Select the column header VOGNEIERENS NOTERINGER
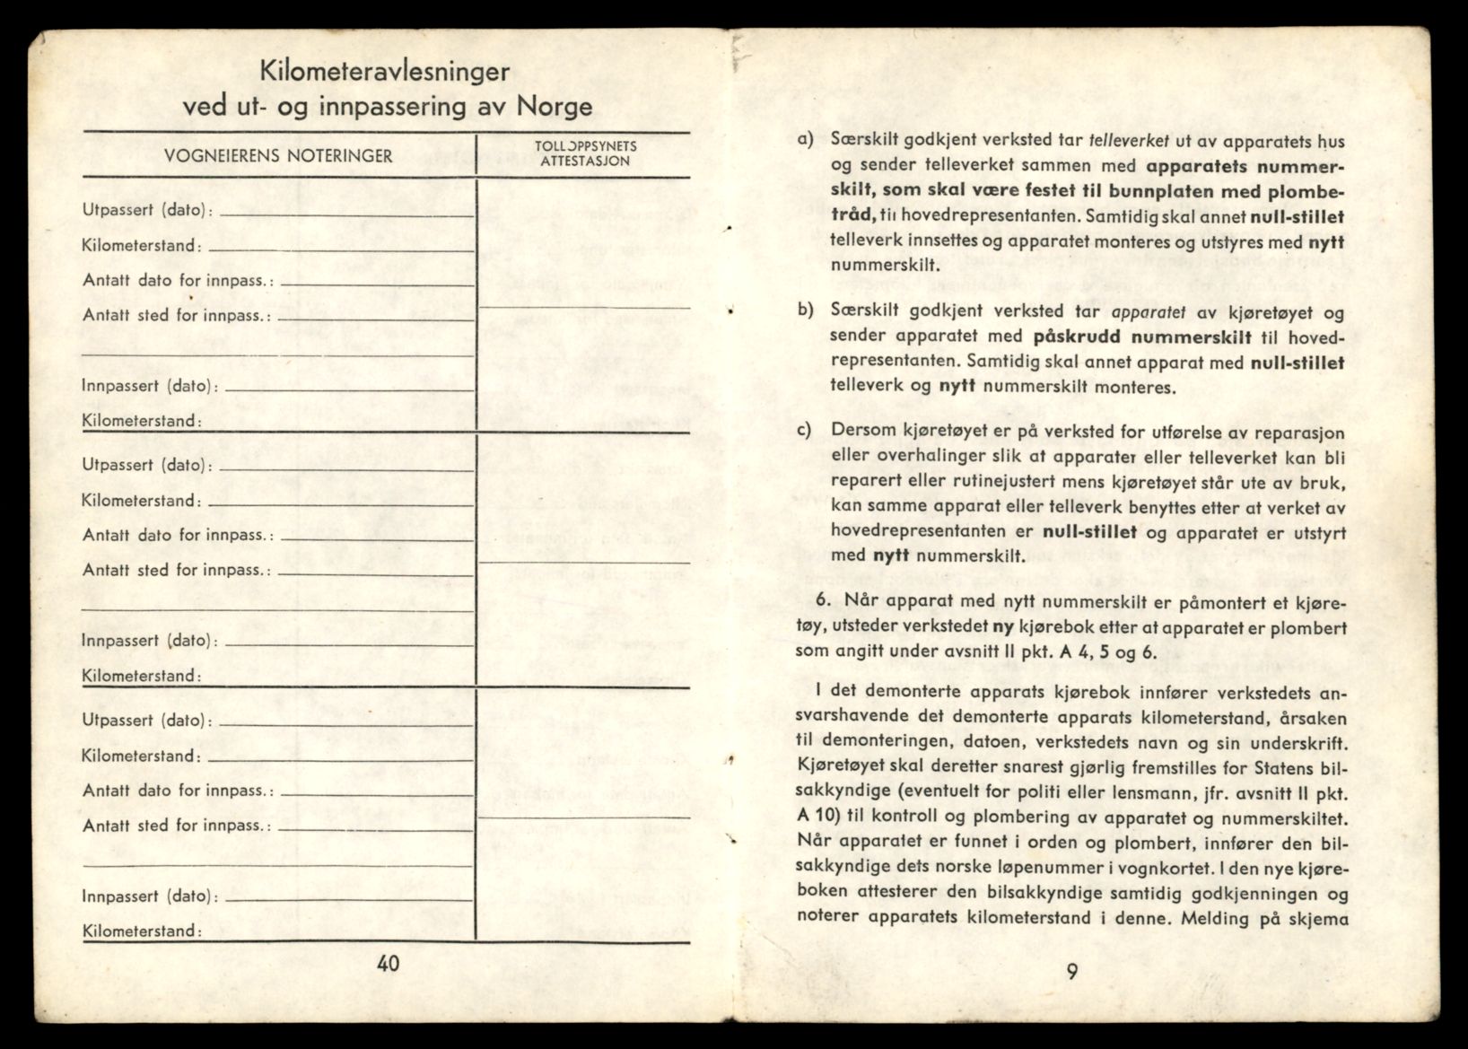[x=278, y=156]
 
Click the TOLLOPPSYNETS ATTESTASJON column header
[x=585, y=153]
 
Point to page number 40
[x=389, y=964]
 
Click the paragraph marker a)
[x=805, y=140]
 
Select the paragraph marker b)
[x=805, y=310]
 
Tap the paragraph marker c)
[x=805, y=429]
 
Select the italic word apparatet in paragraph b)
[x=1149, y=312]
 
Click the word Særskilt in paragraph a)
[x=866, y=141]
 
